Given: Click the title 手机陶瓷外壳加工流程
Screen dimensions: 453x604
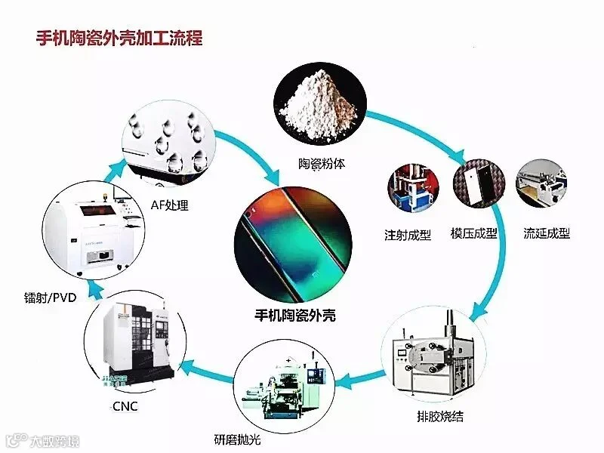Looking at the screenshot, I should (119, 38).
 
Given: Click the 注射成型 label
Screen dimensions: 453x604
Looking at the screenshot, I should (408, 235).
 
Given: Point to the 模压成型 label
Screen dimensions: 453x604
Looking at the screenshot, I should (473, 233).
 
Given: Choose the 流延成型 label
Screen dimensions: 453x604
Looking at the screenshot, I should (546, 233).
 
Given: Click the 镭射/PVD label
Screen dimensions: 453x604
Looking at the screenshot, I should (46, 297).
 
